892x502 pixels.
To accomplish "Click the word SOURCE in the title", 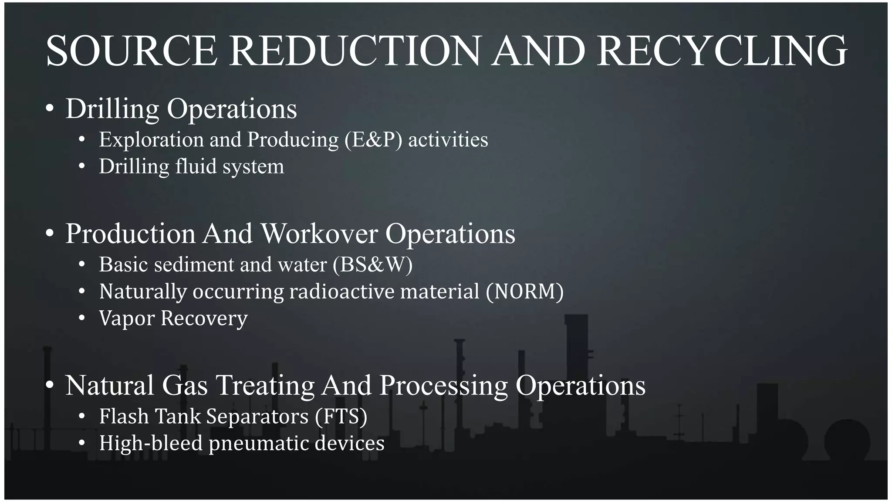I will point(132,51).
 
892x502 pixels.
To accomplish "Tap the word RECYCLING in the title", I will point(722,51).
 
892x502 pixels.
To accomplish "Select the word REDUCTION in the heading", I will point(355,51).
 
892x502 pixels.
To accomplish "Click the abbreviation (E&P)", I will point(373,140).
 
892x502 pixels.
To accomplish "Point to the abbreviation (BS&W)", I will point(372,265).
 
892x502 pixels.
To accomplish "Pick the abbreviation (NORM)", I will point(525,292).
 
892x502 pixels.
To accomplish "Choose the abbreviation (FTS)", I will point(341,417).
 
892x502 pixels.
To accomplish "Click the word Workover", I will point(319,234).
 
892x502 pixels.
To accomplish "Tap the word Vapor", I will point(127,319).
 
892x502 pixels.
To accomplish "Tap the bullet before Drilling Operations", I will point(50,109).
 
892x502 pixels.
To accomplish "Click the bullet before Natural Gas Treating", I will point(50,386).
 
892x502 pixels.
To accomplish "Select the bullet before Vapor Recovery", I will point(82,319).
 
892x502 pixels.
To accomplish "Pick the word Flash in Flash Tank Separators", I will point(124,417).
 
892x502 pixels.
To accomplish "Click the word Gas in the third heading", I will point(185,386).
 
